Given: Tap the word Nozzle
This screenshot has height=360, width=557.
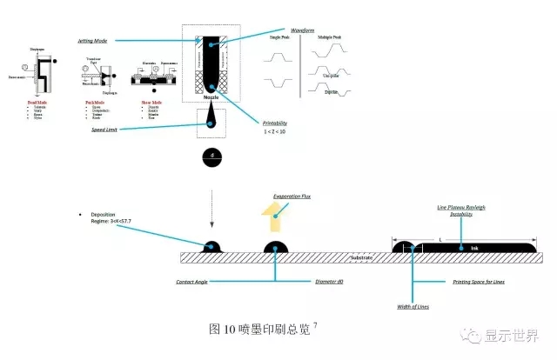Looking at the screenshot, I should click(210, 98).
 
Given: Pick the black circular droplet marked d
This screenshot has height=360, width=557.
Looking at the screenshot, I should click(211, 157).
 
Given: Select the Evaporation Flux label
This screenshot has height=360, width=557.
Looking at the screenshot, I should click(292, 197).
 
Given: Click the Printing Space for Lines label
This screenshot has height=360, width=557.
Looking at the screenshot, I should click(479, 282).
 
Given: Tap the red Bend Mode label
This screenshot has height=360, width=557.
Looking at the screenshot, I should click(34, 103).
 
